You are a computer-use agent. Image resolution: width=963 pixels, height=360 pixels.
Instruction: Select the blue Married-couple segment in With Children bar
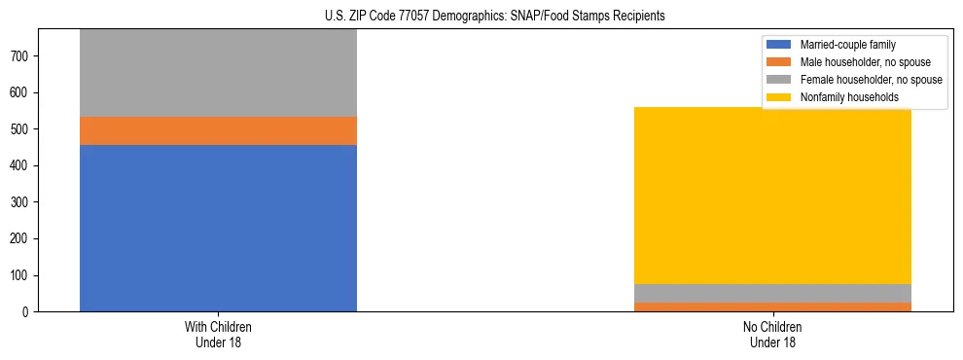pos(218,228)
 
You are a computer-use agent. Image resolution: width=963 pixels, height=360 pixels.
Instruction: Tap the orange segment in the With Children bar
pos(218,130)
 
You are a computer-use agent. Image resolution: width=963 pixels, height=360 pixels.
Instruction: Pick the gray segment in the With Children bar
pos(218,73)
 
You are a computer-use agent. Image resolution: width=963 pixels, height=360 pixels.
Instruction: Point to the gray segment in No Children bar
pos(772,293)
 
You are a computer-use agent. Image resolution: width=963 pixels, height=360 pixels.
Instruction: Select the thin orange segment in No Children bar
pos(772,307)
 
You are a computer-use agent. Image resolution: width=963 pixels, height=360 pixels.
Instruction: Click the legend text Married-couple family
pos(847,45)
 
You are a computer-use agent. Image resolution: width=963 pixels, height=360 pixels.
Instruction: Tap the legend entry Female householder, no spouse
pos(871,80)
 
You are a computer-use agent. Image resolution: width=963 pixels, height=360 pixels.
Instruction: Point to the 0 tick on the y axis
pos(27,312)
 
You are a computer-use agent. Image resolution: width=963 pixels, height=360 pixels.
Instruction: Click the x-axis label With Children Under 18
pos(218,334)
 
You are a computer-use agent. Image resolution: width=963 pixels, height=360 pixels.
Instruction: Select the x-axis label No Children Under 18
pos(772,334)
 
